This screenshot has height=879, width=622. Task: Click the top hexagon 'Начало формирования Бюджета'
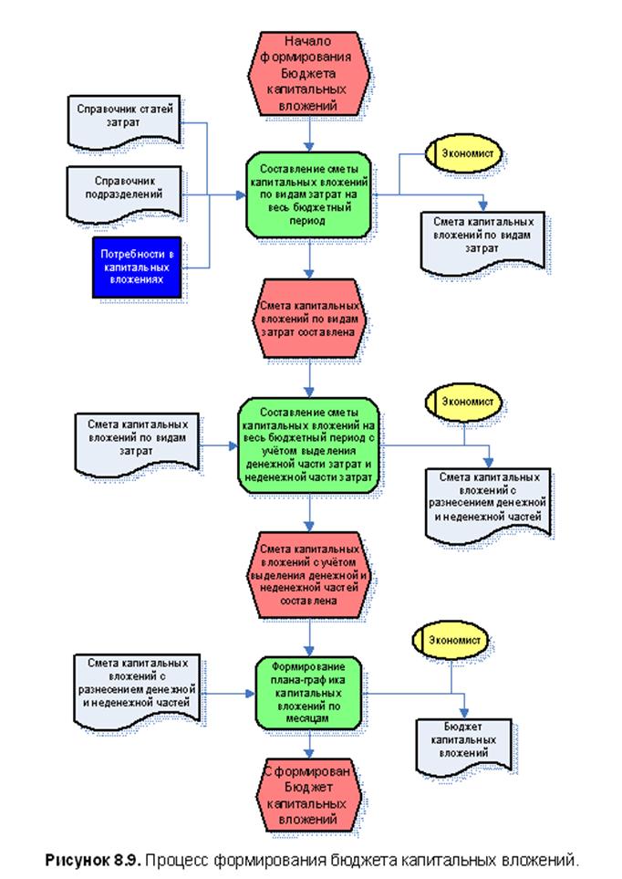(312, 73)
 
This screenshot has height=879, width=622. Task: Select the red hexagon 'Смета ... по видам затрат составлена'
(311, 319)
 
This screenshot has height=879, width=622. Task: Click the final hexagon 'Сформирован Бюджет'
(312, 793)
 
